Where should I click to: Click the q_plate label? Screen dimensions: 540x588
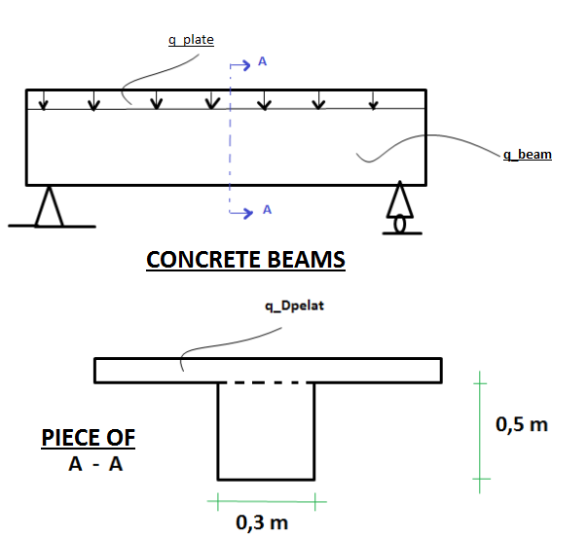191,40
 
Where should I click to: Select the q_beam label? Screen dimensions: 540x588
528,154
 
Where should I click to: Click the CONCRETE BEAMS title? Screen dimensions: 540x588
245,260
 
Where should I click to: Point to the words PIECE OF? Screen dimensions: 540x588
89,438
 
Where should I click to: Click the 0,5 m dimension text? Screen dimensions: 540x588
522,425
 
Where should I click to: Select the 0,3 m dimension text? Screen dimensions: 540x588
262,522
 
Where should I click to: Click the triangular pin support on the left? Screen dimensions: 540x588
48,206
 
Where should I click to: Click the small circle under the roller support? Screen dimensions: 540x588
398,224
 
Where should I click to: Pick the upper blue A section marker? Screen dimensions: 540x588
262,64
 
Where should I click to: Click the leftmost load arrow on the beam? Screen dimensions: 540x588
42,100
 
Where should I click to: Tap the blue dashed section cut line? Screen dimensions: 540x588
230,146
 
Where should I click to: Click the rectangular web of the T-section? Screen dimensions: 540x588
266,432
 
